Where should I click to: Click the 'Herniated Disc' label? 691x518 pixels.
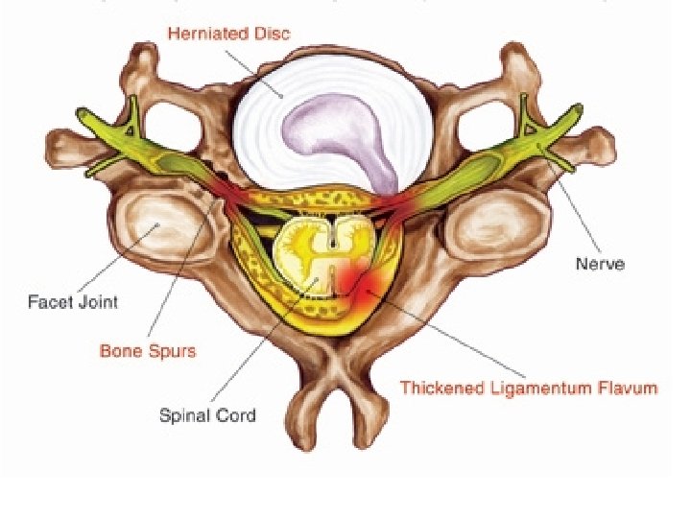click(x=228, y=34)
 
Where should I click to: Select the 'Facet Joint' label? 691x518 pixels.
click(x=73, y=302)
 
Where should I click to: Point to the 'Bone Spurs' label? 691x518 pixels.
click(x=148, y=351)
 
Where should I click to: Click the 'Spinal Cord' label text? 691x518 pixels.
click(x=207, y=415)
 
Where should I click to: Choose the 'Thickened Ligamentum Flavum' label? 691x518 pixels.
click(x=528, y=388)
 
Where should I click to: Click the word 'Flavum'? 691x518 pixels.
click(x=626, y=388)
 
